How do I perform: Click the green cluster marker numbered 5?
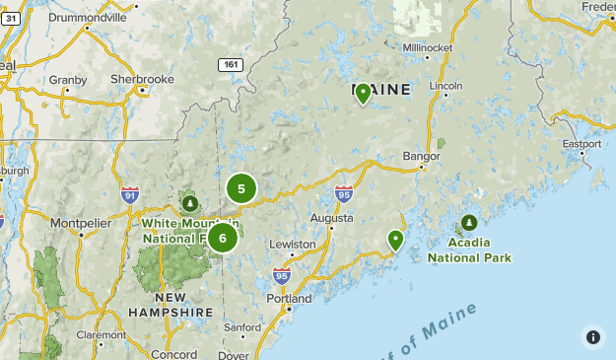tap(240, 188)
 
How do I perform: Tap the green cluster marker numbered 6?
tap(223, 237)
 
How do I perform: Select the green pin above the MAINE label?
tap(363, 94)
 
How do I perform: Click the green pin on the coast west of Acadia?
tap(395, 240)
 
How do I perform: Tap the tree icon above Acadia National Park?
tap(469, 222)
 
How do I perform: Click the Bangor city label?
tap(421, 156)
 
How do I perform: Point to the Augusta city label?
tap(331, 217)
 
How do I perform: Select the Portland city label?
tap(289, 298)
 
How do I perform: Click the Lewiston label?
tap(293, 244)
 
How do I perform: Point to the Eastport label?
tap(581, 144)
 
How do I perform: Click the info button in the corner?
tap(592, 336)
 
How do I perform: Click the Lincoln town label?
tap(446, 86)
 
